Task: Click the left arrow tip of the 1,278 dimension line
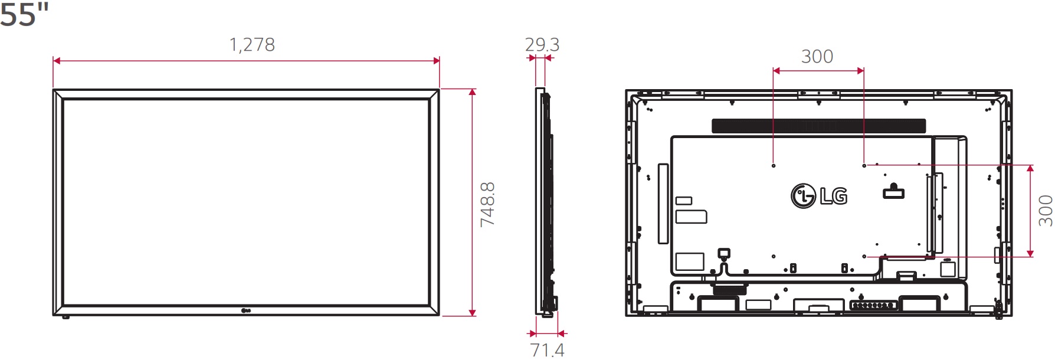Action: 53,61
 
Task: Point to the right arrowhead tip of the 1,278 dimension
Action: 440,61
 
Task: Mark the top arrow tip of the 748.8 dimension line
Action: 472,89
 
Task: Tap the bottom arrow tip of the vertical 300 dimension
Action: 1030,257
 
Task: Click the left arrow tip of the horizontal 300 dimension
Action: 773,71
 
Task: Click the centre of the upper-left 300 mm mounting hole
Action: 774,166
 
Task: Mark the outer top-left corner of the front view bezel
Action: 53,90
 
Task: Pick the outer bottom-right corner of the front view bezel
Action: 440,315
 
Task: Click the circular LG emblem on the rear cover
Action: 803,196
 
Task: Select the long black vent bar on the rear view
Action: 818,126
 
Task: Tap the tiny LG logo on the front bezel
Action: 246,310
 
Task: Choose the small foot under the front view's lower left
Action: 65,317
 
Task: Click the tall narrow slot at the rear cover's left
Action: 663,204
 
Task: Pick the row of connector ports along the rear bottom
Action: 874,305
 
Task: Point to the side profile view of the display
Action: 546,201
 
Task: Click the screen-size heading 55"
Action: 24,14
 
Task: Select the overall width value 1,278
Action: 252,45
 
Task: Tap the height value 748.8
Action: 487,204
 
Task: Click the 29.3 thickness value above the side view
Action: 542,44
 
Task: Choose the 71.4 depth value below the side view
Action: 548,350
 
